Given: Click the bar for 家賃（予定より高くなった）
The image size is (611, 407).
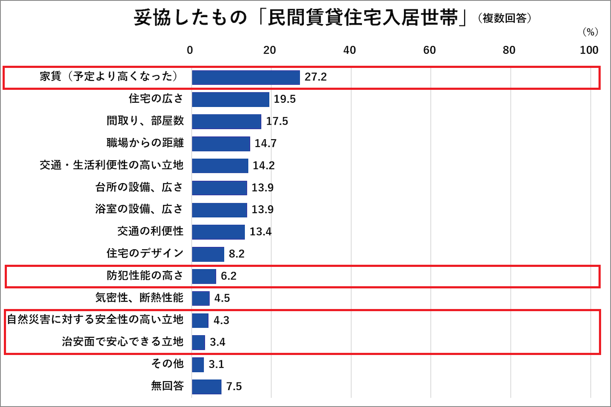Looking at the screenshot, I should (246, 77).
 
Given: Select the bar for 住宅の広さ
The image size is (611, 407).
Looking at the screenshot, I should (231, 99).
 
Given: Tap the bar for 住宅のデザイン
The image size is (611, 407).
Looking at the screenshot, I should (208, 254).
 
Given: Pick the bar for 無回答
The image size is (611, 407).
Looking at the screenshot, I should (207, 386).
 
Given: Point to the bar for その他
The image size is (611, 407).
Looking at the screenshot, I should (198, 364).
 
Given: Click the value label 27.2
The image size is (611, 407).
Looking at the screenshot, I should (316, 77).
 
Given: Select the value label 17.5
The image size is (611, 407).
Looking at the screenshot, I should (277, 121).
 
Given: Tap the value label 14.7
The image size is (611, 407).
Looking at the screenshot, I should (265, 143).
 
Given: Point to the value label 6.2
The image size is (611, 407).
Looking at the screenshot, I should (228, 276).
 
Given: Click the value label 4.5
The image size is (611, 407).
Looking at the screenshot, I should (222, 298).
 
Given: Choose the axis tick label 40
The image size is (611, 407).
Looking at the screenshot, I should (349, 50).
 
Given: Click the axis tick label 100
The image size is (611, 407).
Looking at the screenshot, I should (589, 50).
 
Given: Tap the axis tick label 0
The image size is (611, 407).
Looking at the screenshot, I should (190, 50).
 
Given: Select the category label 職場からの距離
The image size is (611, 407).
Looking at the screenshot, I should (145, 143).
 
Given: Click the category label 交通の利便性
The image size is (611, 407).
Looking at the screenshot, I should (150, 231).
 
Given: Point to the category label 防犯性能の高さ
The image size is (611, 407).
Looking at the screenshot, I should (145, 275).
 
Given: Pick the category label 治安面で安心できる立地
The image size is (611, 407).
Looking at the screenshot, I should (123, 342).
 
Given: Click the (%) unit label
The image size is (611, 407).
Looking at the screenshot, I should (590, 32).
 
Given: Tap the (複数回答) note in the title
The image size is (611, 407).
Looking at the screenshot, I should (505, 18).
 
